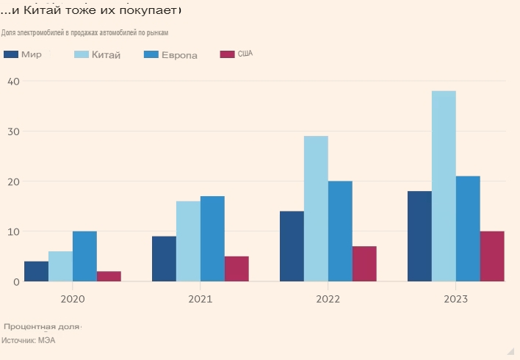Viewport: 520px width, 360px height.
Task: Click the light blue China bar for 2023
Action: click(x=444, y=186)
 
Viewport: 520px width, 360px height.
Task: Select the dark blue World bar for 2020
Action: click(x=36, y=271)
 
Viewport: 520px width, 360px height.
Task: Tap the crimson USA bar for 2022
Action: click(x=364, y=264)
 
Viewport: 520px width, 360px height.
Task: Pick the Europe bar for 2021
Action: click(x=212, y=239)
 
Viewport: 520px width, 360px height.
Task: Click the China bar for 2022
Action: click(x=316, y=209)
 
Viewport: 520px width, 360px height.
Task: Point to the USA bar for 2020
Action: click(x=109, y=276)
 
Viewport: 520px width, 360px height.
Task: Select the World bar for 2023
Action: click(x=419, y=236)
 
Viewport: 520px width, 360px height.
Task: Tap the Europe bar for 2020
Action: click(x=84, y=256)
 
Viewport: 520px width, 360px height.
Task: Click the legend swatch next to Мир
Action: click(x=11, y=54)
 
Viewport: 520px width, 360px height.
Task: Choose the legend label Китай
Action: click(x=106, y=55)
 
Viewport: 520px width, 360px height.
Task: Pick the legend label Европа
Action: click(x=180, y=55)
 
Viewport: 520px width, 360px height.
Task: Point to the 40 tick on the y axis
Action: click(x=13, y=82)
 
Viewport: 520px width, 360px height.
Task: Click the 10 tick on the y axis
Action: click(x=13, y=231)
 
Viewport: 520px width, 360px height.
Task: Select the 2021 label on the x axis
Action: click(x=200, y=299)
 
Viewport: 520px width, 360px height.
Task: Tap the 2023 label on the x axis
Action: click(x=455, y=299)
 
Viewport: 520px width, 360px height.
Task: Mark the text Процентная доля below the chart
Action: click(x=40, y=326)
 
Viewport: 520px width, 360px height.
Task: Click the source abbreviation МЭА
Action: click(x=46, y=341)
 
